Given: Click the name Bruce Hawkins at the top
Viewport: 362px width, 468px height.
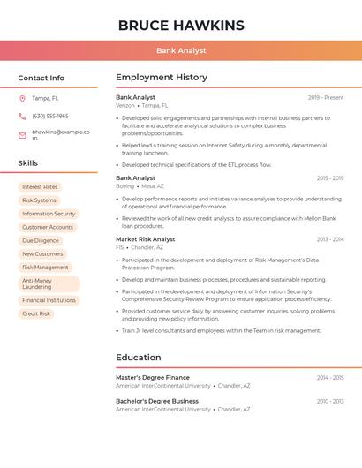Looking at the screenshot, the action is click(181, 25).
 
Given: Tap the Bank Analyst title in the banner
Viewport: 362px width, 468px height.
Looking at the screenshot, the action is click(181, 50).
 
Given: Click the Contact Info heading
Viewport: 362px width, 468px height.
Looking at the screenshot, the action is click(41, 78).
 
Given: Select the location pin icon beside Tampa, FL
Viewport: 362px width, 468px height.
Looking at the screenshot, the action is click(22, 98).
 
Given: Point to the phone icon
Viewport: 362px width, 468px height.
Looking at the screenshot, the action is click(22, 116).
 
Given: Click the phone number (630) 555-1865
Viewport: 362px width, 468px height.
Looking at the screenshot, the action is click(50, 116).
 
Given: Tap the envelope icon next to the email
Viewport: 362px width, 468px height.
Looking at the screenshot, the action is click(22, 135).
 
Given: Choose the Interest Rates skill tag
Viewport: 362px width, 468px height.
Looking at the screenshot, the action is click(40, 187).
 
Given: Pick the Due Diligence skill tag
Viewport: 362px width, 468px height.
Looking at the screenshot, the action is click(41, 240).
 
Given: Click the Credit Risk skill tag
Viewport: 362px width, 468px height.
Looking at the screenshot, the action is click(36, 313).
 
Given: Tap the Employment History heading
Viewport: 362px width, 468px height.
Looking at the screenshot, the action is click(162, 78).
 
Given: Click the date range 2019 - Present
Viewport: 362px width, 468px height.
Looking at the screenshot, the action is click(326, 97).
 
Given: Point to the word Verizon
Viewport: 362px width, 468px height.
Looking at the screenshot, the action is click(125, 105).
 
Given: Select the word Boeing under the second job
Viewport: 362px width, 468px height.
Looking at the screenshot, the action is click(124, 186).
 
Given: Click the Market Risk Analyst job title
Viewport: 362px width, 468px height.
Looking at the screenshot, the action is click(146, 239).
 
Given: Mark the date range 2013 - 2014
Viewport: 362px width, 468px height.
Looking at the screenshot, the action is click(330, 239).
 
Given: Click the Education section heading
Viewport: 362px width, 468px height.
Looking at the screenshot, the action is click(139, 358).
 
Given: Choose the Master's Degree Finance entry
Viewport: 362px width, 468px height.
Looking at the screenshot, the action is click(153, 377).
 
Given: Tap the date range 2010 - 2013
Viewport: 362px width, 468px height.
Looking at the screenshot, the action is click(330, 401).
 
